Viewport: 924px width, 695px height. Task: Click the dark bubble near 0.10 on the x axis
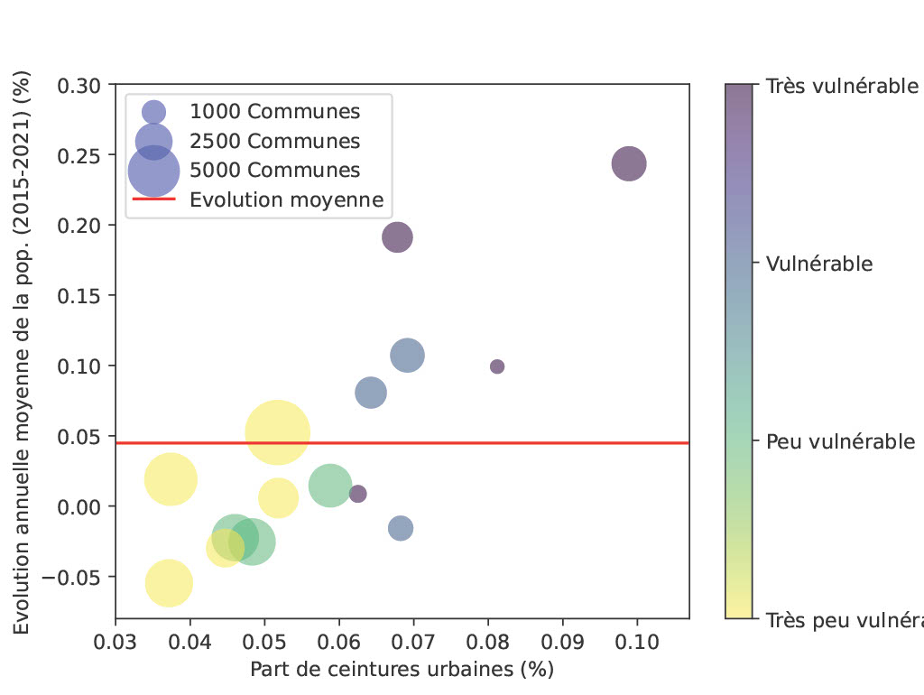629,163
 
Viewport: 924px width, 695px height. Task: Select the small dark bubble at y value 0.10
497,366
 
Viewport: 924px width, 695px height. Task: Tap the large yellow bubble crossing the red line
277,433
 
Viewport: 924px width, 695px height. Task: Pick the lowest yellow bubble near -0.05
169,583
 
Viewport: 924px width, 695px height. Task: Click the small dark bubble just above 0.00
358,494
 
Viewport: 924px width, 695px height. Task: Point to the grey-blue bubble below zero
401,528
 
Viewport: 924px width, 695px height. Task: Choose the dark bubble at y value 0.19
397,237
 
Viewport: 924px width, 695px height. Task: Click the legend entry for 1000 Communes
274,112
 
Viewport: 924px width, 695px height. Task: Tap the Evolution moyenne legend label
286,200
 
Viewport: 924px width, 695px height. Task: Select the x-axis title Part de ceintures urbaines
402,671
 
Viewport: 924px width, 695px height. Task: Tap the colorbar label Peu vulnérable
840,441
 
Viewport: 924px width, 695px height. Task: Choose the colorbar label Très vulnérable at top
842,87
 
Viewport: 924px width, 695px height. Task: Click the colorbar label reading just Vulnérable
819,264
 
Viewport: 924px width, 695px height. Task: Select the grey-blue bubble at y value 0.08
371,393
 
